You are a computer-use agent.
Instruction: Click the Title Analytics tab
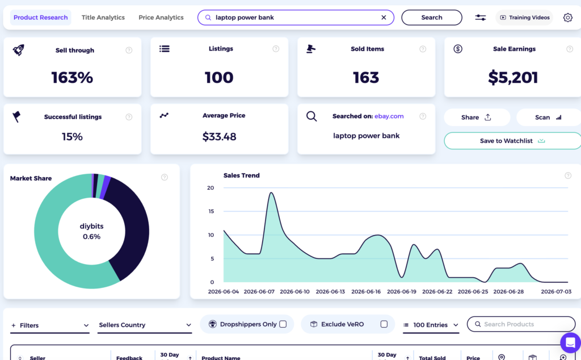(103, 18)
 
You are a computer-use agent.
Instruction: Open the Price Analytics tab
(161, 18)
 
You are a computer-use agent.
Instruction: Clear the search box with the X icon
(384, 18)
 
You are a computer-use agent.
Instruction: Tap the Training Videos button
(524, 18)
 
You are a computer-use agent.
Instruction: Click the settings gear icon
(567, 18)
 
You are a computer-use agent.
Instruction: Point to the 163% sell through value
(72, 77)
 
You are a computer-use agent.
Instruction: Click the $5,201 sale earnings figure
(513, 77)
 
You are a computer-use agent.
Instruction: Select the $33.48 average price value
(219, 137)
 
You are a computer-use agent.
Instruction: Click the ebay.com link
(389, 116)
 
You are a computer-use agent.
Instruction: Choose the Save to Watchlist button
(513, 141)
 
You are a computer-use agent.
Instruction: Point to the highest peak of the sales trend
(271, 192)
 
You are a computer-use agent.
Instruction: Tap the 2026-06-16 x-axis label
(366, 292)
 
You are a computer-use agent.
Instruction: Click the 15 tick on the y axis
(211, 211)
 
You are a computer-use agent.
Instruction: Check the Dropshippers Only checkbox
(283, 324)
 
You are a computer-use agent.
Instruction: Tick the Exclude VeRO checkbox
(384, 324)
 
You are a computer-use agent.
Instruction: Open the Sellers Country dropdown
(145, 325)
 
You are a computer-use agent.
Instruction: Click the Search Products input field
(521, 324)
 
